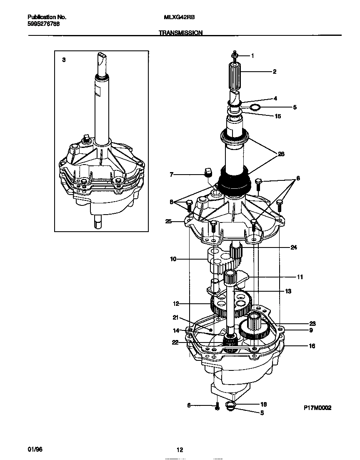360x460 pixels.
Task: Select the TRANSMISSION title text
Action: (180, 32)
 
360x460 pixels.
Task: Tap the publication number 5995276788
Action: (43, 24)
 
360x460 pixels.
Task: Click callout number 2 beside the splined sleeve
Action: (275, 72)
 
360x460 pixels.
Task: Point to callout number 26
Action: (281, 154)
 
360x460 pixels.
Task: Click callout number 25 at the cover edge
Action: (168, 221)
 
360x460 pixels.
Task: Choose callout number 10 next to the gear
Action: (173, 259)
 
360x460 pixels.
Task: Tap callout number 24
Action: (294, 247)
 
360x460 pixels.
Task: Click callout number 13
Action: (288, 291)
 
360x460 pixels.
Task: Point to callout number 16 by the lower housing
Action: (312, 346)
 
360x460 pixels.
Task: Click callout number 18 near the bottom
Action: (263, 404)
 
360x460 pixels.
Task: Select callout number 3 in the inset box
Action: (64, 60)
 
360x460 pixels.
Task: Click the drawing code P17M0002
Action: (317, 408)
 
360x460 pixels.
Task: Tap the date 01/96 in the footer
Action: (35, 450)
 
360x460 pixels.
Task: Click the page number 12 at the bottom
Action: (180, 450)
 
